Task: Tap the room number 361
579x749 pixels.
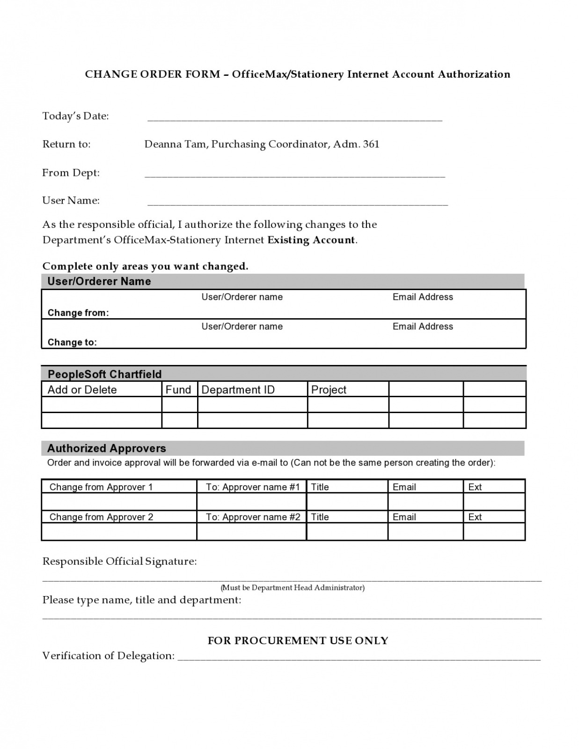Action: click(371, 144)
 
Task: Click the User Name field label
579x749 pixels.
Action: click(71, 201)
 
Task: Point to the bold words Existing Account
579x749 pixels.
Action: click(311, 240)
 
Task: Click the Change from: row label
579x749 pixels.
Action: click(78, 313)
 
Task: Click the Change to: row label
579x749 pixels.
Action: click(72, 342)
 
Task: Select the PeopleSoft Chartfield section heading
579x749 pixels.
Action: click(104, 374)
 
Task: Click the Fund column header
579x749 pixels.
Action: click(178, 390)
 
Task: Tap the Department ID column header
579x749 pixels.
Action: click(238, 390)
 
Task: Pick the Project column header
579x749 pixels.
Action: click(329, 390)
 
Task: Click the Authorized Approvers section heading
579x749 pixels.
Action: click(106, 449)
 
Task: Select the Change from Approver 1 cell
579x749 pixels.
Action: click(101, 487)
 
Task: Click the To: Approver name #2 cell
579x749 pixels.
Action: click(253, 517)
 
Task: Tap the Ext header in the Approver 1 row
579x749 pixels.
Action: click(475, 487)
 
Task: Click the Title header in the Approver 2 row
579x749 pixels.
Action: click(320, 517)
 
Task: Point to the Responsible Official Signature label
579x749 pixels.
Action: click(119, 561)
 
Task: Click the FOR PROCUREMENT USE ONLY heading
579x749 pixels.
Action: click(298, 640)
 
